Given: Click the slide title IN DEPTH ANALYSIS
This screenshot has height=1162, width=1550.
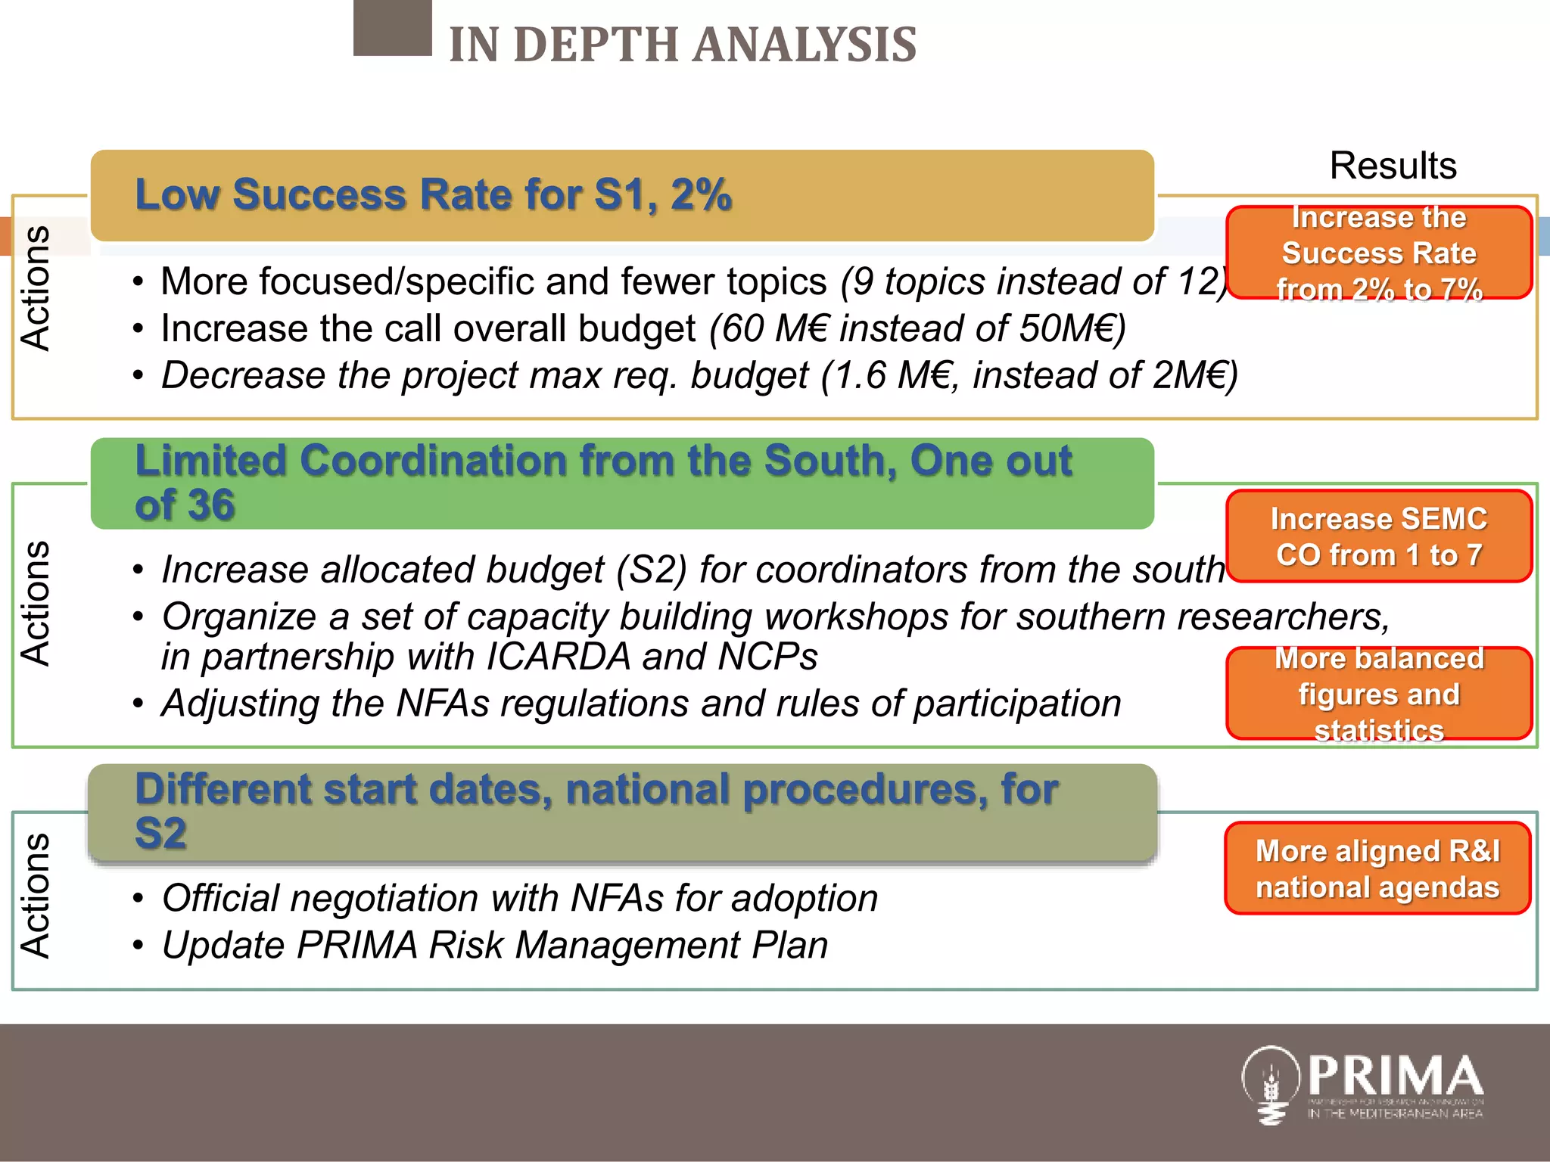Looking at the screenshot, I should [682, 44].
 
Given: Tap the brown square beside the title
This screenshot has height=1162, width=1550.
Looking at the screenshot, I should [392, 28].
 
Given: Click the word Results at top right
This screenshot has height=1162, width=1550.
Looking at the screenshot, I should [1393, 166].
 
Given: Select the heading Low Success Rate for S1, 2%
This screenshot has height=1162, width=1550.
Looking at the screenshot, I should [433, 195].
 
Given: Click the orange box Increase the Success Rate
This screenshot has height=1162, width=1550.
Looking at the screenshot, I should [1378, 253].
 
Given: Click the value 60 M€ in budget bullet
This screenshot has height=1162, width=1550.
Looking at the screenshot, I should [771, 329].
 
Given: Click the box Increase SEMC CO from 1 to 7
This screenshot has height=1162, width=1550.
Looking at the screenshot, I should [1378, 536].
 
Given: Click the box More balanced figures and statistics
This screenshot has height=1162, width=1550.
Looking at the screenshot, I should [1378, 694].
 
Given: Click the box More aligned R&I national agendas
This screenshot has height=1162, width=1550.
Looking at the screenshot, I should [1377, 868].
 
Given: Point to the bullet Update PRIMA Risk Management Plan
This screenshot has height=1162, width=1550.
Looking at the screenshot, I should [494, 946].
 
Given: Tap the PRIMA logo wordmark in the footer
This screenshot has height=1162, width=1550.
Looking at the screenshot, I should [1394, 1076].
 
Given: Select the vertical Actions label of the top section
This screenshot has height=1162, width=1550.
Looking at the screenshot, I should [36, 288].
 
